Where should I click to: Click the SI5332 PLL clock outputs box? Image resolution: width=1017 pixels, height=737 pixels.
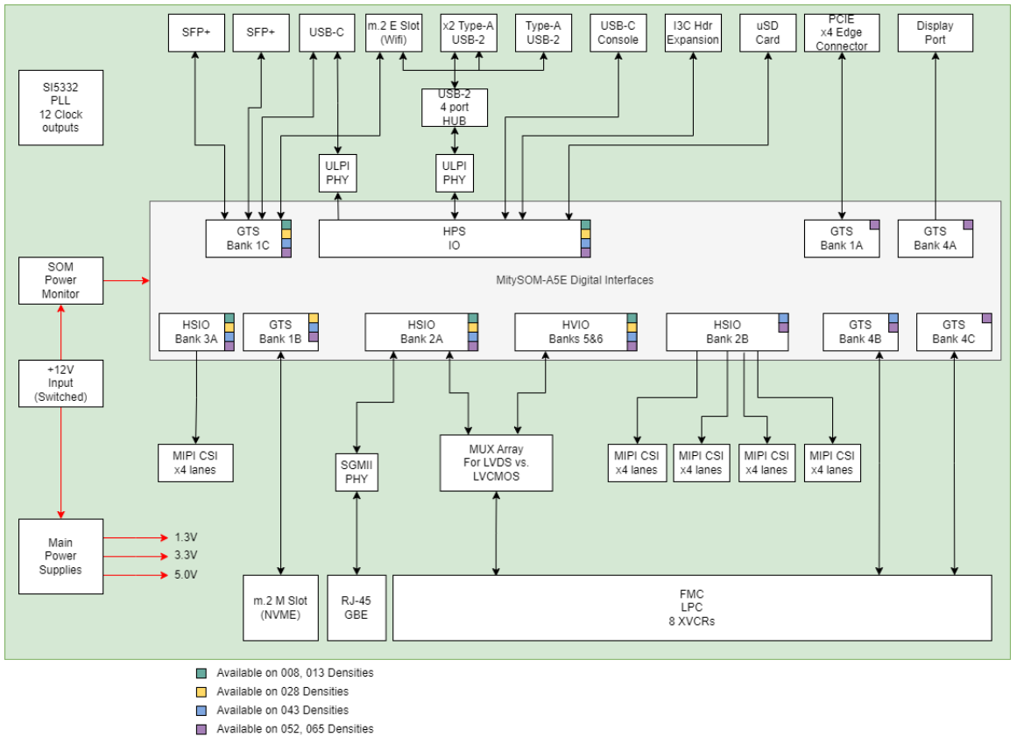60,108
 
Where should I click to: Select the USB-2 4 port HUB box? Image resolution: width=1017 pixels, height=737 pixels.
454,108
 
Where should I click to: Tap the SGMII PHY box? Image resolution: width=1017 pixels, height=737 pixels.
356,473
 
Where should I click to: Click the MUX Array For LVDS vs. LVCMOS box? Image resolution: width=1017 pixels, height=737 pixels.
496,462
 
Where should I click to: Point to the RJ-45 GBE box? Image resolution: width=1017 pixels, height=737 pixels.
356,607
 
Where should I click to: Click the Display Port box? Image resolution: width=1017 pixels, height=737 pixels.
935,32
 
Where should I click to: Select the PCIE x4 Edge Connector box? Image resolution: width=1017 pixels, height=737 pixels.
841,32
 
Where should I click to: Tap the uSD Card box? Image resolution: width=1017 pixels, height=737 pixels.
767,32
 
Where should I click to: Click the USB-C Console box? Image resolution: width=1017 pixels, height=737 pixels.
618,32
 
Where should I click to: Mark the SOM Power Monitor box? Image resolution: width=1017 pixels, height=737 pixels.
60,280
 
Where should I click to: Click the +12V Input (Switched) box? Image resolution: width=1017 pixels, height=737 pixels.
60,383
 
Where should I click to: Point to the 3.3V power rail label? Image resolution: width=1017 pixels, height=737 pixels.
186,555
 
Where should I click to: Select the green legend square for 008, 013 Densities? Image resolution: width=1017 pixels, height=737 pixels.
201,673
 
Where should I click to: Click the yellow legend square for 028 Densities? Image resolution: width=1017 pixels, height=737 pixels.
201,691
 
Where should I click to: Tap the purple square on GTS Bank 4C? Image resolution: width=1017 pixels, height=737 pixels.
986,319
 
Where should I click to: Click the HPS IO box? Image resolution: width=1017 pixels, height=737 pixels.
454,238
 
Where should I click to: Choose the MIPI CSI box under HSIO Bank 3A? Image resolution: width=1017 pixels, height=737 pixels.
194,462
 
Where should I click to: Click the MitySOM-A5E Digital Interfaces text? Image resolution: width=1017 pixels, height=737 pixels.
574,280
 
